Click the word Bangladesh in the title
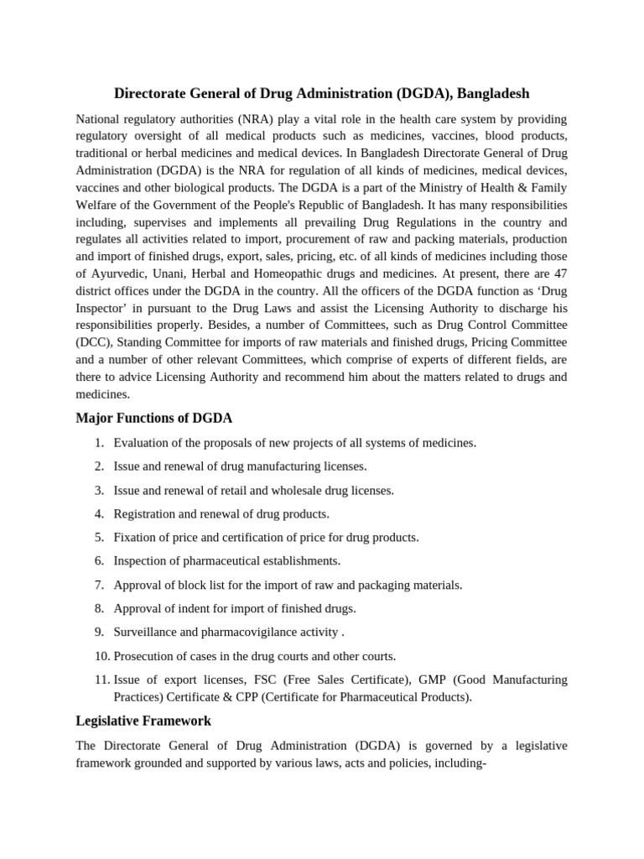[491, 93]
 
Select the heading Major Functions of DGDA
[154, 417]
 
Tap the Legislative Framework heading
[143, 720]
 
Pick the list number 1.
[98, 443]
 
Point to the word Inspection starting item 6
[141, 560]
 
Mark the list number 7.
[98, 585]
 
